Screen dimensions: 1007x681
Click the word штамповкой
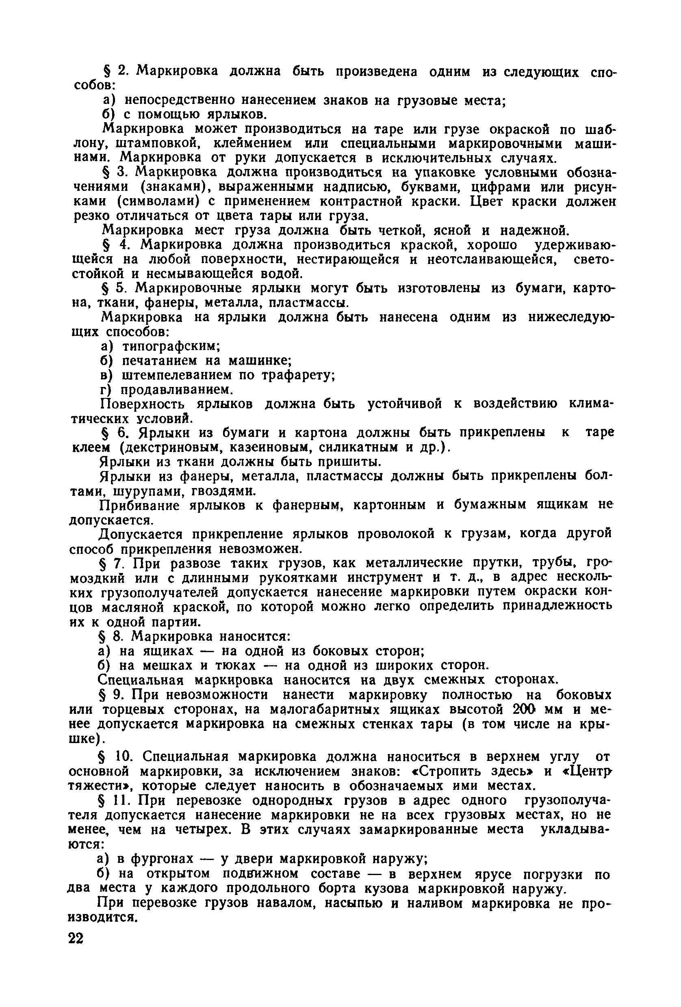coord(158,143)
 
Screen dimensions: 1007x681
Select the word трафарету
coord(297,375)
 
